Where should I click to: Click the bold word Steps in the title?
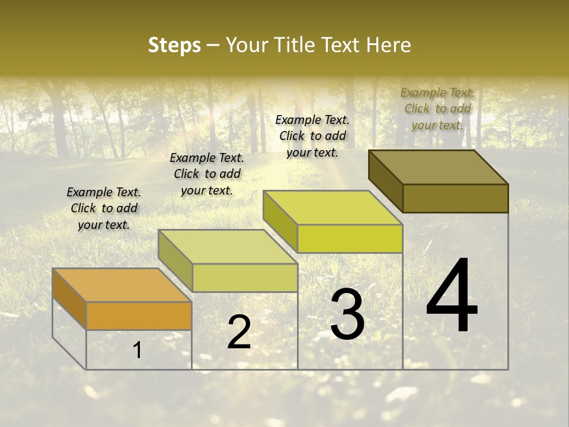174,45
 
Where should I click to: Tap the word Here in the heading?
388,45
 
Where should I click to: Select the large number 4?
452,296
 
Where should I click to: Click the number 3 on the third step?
347,314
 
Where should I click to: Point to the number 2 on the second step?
239,332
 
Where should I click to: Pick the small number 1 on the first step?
138,350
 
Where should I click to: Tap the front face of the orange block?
139,316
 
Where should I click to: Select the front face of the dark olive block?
455,198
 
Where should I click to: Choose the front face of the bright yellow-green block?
350,238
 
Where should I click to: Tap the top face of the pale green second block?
228,247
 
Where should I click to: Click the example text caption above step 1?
104,208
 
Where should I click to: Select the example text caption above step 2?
207,174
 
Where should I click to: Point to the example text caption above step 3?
312,136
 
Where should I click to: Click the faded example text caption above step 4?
437,109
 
